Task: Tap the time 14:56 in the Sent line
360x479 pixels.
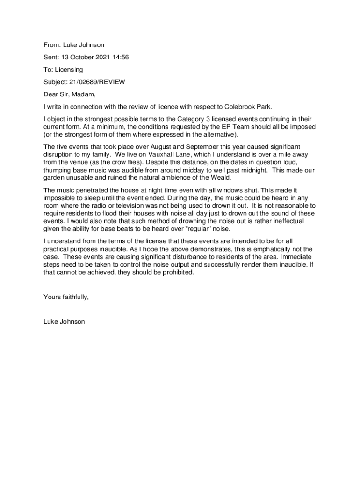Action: click(x=119, y=57)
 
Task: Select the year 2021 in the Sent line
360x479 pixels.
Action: click(x=101, y=57)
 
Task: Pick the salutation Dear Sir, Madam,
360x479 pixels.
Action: click(x=69, y=94)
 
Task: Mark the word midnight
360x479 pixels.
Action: click(x=250, y=170)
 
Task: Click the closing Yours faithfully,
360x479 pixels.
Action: click(x=66, y=297)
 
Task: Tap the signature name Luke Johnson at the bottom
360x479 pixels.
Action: click(x=64, y=322)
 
